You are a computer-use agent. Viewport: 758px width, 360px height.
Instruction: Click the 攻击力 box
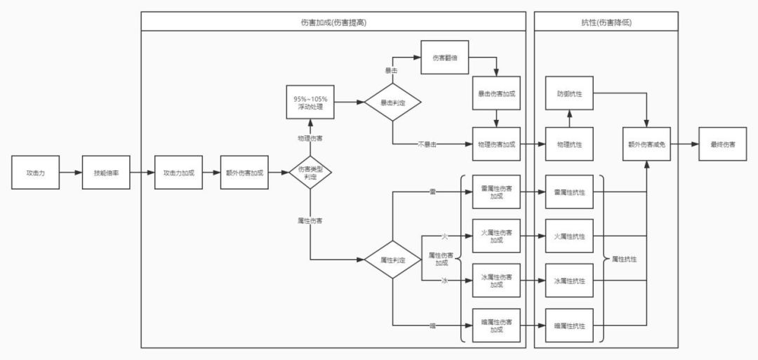point(35,173)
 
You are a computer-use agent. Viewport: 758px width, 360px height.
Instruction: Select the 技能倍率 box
point(106,173)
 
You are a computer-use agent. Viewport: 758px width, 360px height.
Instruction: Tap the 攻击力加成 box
point(178,173)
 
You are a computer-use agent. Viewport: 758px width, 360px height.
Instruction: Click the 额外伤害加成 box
point(244,173)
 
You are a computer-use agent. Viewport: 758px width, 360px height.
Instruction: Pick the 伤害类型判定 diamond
point(310,173)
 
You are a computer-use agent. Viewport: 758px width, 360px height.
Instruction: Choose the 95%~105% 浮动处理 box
point(310,102)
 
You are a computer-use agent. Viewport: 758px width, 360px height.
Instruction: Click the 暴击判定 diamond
point(392,102)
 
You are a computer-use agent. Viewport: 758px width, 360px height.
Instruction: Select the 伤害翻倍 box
point(445,58)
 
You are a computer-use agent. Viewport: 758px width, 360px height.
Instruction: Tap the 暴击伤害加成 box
point(496,93)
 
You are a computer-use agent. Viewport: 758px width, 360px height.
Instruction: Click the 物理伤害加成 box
point(496,144)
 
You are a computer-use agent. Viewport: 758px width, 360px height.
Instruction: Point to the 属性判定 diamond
point(392,260)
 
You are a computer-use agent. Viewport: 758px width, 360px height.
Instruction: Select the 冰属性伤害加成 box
point(496,281)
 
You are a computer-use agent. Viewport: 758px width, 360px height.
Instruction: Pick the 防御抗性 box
point(569,93)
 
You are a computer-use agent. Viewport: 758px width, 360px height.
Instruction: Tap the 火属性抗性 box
point(569,236)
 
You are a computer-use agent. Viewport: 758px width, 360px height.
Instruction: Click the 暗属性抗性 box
point(569,326)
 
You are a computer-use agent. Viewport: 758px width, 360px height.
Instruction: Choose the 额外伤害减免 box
point(646,144)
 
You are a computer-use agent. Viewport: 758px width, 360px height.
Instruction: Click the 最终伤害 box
point(722,144)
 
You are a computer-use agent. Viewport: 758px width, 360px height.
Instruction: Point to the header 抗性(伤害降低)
point(606,22)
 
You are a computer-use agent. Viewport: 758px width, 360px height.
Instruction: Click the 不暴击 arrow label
point(427,145)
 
